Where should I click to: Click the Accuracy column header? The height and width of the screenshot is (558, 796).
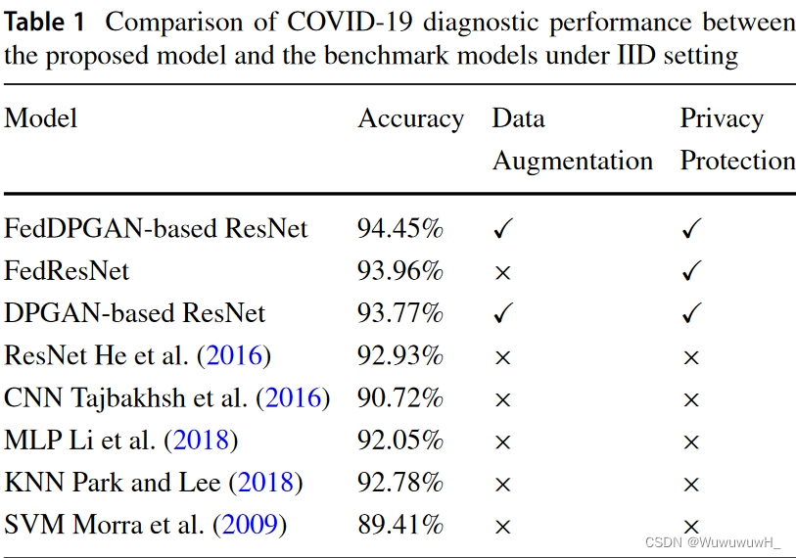pos(410,119)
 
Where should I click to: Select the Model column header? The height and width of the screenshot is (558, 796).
pos(40,119)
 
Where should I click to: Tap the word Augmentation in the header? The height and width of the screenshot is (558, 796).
pos(572,161)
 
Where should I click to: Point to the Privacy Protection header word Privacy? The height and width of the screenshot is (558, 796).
pos(722,119)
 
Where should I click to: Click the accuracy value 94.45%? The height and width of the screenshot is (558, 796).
pos(400,229)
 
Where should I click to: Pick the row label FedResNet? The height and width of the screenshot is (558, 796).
pos(67,271)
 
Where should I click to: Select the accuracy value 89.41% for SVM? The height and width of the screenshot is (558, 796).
pos(400,526)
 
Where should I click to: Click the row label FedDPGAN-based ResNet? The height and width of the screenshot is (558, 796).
pos(156,229)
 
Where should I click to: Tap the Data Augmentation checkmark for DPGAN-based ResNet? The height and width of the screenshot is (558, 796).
pos(503,314)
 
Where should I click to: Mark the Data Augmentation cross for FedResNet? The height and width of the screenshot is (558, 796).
pos(503,273)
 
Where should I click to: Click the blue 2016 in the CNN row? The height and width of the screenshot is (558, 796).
pos(293,398)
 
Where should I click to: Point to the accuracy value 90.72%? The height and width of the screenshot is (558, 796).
pos(400,398)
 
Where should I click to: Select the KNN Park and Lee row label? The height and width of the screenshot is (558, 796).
pos(153,484)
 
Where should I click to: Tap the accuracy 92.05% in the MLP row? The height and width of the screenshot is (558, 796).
pos(400,441)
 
